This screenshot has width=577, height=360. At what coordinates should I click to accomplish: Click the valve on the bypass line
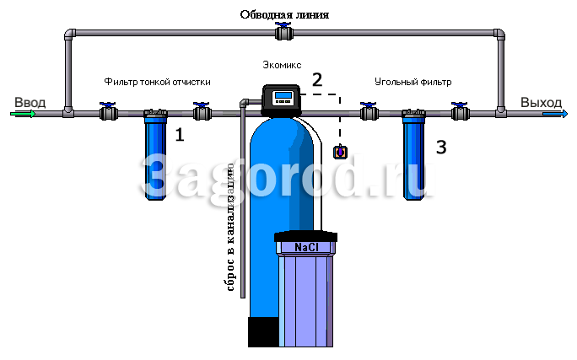[x=283, y=32]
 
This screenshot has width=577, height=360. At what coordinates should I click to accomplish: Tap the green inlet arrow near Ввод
[x=23, y=114]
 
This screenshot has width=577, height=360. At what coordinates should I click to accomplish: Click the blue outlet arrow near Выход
[x=555, y=115]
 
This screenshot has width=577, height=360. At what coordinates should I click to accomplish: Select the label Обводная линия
[x=284, y=14]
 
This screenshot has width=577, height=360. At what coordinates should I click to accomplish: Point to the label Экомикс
[x=282, y=65]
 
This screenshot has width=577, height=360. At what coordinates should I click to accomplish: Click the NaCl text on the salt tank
[x=306, y=248]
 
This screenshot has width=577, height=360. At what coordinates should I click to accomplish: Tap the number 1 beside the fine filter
[x=179, y=135]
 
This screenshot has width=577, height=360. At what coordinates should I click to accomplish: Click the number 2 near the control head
[x=317, y=80]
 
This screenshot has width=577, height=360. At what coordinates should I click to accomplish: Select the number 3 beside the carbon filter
[x=441, y=147]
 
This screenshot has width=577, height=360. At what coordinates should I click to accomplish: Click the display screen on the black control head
[x=283, y=95]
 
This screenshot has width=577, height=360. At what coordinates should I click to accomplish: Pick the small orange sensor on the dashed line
[x=340, y=152]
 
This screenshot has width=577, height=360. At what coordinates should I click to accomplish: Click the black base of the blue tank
[x=263, y=331]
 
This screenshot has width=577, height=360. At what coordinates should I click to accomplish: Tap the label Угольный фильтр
[x=413, y=82]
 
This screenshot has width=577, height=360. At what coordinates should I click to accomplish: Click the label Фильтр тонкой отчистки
[x=157, y=82]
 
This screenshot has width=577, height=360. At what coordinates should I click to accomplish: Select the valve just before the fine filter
[x=109, y=111]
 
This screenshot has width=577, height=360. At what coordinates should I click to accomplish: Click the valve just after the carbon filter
[x=461, y=111]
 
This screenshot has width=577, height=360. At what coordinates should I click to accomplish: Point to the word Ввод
[x=30, y=102]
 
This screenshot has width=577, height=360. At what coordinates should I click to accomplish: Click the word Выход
[x=541, y=103]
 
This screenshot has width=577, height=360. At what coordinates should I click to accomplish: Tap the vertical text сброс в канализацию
[x=230, y=228]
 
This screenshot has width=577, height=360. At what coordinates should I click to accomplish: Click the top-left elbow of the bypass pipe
[x=69, y=35]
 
